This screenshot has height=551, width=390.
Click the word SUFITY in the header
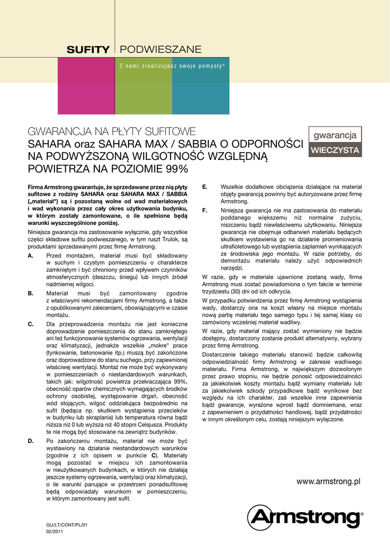[x=88, y=50]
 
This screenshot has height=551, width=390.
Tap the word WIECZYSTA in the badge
[x=335, y=150]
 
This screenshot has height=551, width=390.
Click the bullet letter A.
[x=31, y=255]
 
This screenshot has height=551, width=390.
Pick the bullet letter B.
[x=31, y=293]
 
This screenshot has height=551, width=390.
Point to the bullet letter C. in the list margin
[x=31, y=324]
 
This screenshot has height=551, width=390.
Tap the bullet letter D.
[x=31, y=441]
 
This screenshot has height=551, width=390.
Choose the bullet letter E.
[x=205, y=187]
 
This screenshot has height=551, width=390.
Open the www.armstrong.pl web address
[x=328, y=482]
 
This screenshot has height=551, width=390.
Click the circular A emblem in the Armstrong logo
[x=263, y=519]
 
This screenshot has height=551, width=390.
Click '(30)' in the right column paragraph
[x=238, y=291]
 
